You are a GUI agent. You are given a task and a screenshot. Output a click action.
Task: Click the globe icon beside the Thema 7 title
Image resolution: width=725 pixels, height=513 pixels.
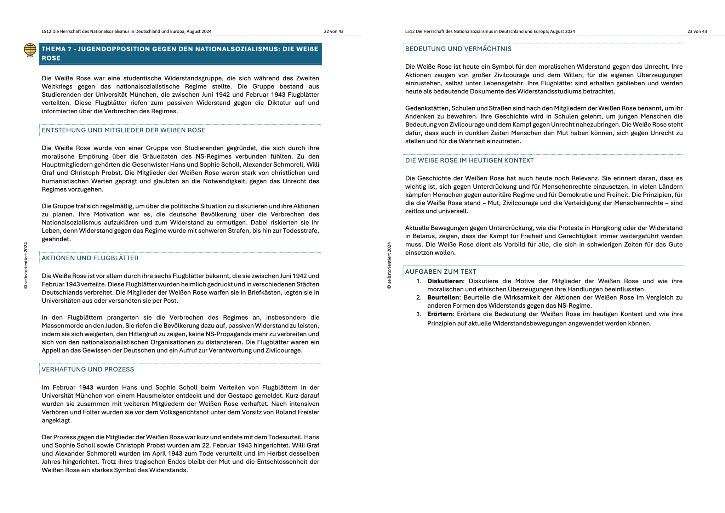(x=30, y=50)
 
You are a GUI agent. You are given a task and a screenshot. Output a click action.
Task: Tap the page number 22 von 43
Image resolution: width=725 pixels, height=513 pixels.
(x=333, y=32)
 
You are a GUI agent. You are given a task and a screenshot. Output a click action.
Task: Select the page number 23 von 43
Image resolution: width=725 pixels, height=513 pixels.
(x=697, y=32)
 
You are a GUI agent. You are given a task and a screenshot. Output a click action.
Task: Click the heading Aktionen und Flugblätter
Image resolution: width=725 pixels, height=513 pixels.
(x=90, y=258)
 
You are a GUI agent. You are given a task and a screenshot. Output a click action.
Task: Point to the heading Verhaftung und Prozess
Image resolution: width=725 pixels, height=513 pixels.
(x=88, y=369)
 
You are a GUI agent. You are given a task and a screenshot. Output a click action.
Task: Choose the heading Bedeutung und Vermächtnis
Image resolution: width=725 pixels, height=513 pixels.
(x=458, y=49)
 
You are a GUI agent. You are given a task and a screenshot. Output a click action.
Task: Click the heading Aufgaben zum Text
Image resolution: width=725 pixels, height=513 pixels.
(x=440, y=272)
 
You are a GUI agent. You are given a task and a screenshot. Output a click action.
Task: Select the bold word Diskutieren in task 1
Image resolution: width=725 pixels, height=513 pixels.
(x=445, y=281)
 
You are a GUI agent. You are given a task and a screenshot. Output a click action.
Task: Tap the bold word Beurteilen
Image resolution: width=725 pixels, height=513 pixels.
(x=443, y=297)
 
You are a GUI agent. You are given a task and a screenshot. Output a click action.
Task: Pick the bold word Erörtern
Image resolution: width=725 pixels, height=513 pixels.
(x=440, y=314)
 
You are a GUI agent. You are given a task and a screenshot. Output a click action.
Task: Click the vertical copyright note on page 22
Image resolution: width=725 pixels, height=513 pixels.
(x=26, y=265)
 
